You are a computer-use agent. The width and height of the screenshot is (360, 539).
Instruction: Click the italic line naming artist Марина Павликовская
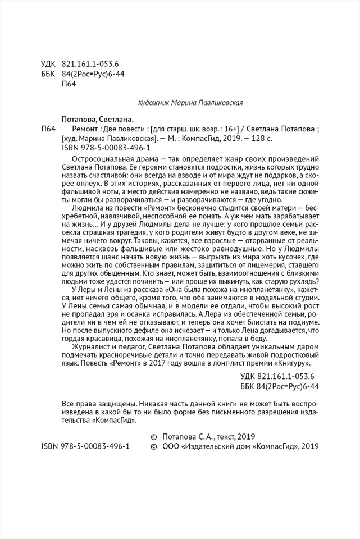click(x=190, y=103)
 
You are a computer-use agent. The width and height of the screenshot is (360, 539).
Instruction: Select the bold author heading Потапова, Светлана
click(x=96, y=119)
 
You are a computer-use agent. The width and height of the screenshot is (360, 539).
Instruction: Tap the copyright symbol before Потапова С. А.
click(x=154, y=436)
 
